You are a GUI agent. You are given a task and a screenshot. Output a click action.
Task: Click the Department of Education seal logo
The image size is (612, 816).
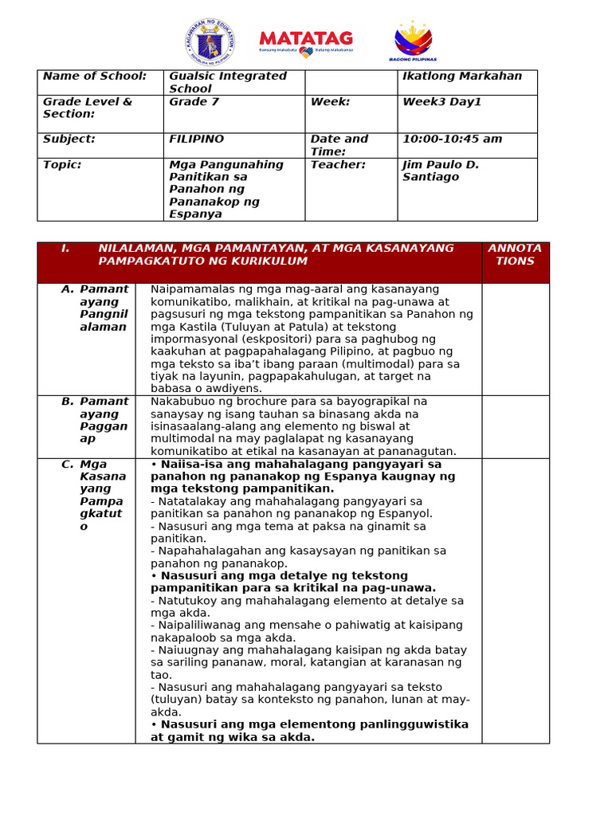[x=211, y=42]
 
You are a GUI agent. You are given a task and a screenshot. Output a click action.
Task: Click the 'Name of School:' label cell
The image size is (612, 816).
[x=95, y=76]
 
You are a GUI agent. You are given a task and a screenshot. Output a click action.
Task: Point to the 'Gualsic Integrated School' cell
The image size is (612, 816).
[x=228, y=82]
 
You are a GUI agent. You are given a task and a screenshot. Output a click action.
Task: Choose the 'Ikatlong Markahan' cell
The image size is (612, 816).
[x=462, y=76]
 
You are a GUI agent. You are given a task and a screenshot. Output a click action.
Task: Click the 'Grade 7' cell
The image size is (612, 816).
[x=194, y=102]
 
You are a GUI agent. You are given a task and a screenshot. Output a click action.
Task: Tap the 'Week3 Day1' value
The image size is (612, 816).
[x=441, y=102]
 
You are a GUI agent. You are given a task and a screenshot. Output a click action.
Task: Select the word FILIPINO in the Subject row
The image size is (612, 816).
[x=196, y=139]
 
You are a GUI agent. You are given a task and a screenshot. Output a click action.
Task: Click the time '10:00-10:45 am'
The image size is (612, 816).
[x=452, y=139]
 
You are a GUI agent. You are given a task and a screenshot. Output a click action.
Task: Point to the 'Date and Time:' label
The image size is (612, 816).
[x=339, y=145]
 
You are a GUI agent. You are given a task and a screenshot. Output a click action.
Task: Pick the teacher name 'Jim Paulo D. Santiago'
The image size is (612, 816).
[x=441, y=171]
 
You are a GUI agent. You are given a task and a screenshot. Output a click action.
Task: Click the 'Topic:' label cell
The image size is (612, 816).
[x=62, y=165]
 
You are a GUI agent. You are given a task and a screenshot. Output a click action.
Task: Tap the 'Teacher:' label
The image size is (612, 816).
[x=338, y=165]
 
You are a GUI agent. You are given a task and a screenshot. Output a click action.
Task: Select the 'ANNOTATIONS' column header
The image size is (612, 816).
[x=515, y=255]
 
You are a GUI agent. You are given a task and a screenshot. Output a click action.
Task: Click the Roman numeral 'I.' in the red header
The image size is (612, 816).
[x=65, y=249]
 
